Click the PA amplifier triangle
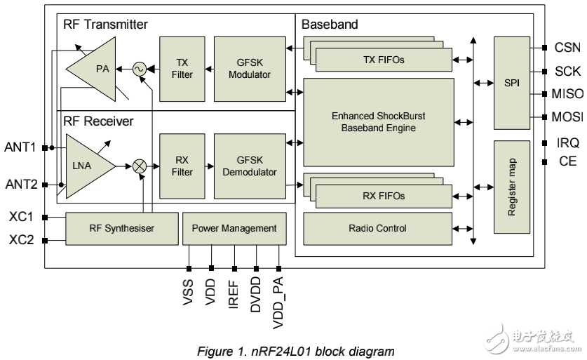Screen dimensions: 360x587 coord(95,69)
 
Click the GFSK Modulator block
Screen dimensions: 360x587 coord(249,69)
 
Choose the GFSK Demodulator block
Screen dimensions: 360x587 coord(249,166)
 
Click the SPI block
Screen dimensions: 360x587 coord(511,83)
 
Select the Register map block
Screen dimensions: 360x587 coord(511,187)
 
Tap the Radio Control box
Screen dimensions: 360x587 coord(377,228)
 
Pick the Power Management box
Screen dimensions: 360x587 coord(234,228)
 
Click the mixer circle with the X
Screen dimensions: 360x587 coord(139,166)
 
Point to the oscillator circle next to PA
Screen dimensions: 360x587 coord(138,69)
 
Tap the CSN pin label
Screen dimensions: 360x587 coord(567,48)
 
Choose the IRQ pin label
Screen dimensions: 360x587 coord(567,142)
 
